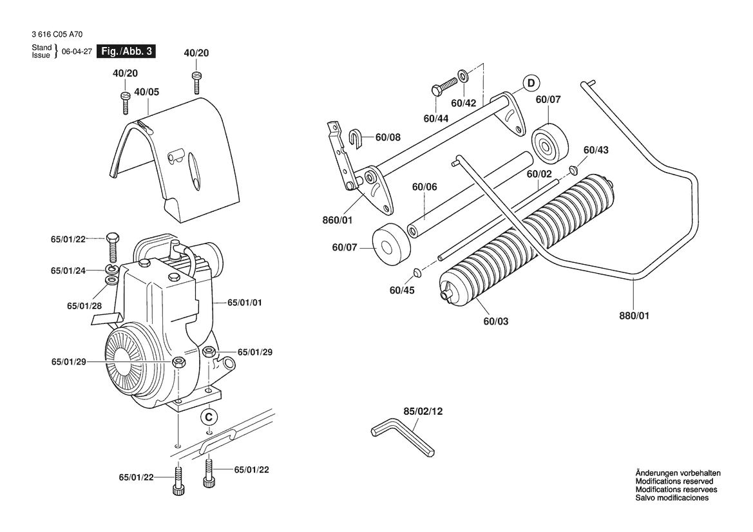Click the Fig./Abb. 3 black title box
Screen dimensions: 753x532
tap(126, 52)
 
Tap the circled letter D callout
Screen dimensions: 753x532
tap(531, 83)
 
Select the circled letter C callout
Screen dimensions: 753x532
tap(209, 417)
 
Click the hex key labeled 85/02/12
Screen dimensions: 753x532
tap(403, 437)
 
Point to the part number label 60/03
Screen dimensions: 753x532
tap(495, 321)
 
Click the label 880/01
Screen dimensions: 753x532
tap(634, 316)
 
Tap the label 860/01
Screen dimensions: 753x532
tap(337, 220)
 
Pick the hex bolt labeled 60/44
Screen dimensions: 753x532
tap(444, 86)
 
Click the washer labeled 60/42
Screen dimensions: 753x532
tap(463, 76)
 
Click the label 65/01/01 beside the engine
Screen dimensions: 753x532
tap(244, 303)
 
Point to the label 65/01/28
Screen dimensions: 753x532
tap(84, 306)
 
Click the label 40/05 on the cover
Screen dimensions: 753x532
tap(146, 91)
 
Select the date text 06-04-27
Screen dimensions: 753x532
tap(77, 52)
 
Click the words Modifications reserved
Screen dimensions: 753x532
tap(674, 481)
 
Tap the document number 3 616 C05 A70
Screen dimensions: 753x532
tap(57, 35)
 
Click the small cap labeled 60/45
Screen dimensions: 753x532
tap(416, 273)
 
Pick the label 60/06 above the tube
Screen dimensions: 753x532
tap(424, 187)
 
